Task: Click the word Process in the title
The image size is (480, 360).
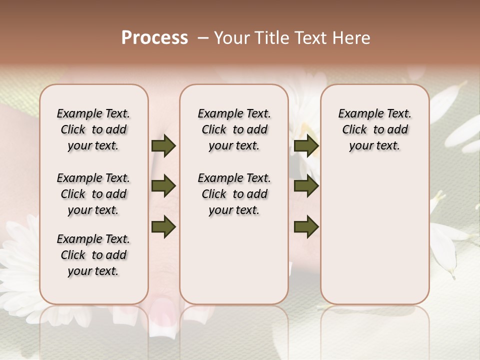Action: point(154,38)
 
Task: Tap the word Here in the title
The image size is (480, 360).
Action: point(351,38)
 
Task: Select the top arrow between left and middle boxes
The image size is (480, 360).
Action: point(163,145)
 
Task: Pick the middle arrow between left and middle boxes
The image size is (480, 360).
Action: point(163,186)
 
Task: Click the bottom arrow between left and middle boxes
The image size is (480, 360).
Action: point(163,227)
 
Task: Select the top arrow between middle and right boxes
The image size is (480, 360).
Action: point(306,145)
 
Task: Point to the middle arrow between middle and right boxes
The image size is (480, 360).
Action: point(306,186)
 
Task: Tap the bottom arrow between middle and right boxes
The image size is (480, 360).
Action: point(306,227)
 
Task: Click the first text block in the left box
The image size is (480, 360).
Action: point(93,129)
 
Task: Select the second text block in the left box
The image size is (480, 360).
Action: point(93,194)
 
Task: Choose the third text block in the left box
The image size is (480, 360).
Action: point(93,255)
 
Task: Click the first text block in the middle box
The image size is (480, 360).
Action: point(234,129)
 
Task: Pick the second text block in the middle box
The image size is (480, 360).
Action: point(234,194)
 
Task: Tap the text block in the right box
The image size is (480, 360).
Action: point(374,129)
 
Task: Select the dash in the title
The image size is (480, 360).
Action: point(203,38)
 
